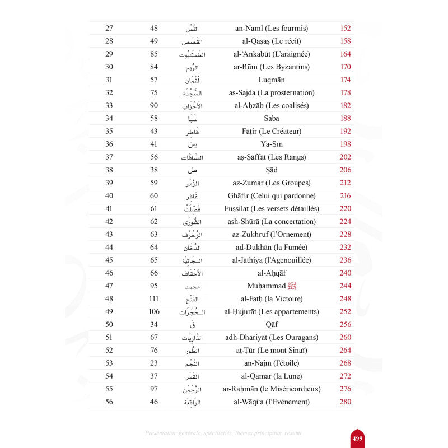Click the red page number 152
[346, 28]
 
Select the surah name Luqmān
[273, 80]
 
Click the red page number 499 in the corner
[357, 438]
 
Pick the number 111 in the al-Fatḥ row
[154, 298]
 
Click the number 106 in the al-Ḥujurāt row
[154, 311]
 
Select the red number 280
[346, 402]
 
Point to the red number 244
[346, 286]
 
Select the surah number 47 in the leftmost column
[109, 286]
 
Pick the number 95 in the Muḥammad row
[154, 286]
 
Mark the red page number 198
[346, 144]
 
